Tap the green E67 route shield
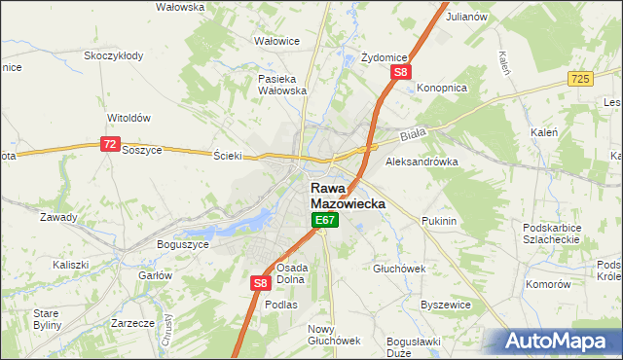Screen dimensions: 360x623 coord(324,223)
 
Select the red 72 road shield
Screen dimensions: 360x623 coord(109,144)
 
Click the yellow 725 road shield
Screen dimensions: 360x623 coord(582,77)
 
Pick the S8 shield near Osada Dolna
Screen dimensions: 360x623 coord(260,282)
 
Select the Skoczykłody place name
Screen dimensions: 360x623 coord(114,55)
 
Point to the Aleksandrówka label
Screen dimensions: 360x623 coord(421,162)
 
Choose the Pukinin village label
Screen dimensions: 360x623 coord(439,222)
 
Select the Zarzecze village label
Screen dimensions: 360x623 coord(133,322)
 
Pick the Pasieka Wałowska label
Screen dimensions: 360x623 coord(282,85)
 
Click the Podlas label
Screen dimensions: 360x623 coord(281,305)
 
